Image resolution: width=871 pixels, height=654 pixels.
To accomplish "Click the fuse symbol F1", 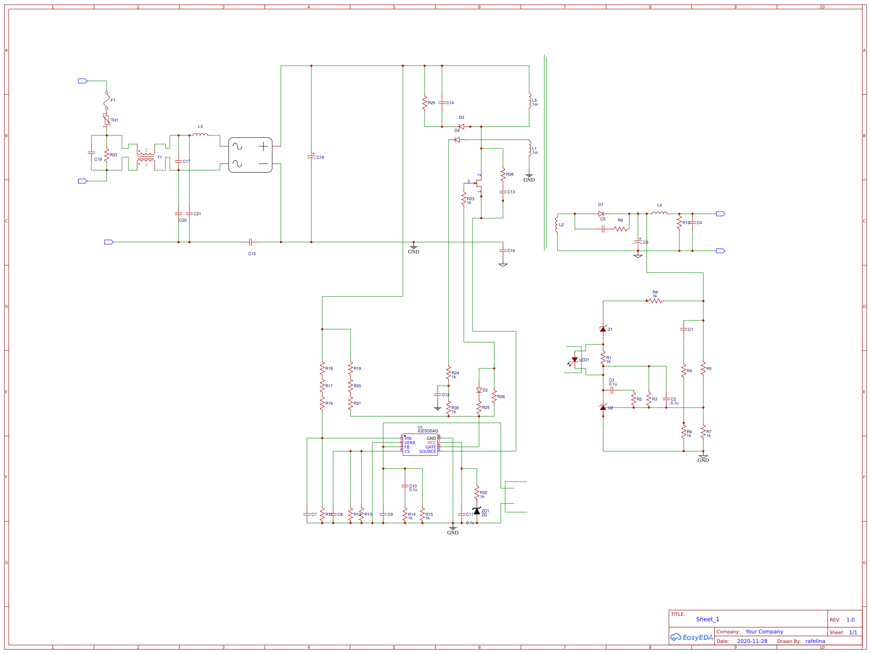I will point(107,101).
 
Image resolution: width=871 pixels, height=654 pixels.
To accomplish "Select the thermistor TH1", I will point(107,120).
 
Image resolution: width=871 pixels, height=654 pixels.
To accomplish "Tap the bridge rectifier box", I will point(250,155).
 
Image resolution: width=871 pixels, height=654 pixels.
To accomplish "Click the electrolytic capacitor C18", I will point(311,156).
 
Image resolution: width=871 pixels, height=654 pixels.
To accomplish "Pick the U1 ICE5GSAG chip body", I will point(420,445).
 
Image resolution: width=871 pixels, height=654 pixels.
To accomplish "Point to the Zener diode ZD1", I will point(477,511).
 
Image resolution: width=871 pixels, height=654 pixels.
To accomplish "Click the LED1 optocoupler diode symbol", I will point(574,360).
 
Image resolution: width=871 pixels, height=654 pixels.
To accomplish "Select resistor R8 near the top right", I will point(655,300).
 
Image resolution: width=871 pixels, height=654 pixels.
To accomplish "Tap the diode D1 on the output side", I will point(601,214).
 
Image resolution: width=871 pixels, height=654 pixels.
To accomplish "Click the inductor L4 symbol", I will point(659,213).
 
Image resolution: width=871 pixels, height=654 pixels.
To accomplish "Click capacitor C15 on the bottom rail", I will point(250,242).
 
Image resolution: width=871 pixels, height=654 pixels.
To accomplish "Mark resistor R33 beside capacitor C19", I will point(107,155).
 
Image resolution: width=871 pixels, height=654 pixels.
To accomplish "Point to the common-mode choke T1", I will point(146,157).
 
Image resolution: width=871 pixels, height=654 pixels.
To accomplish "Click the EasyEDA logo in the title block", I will point(692,637).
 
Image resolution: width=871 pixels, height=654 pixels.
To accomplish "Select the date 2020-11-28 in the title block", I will point(752,641).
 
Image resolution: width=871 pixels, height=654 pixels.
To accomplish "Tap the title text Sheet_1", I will point(708,619).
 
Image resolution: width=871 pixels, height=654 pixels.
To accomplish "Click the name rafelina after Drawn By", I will point(815,641).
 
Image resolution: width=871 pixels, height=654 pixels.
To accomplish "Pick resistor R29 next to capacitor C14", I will point(425,103).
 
